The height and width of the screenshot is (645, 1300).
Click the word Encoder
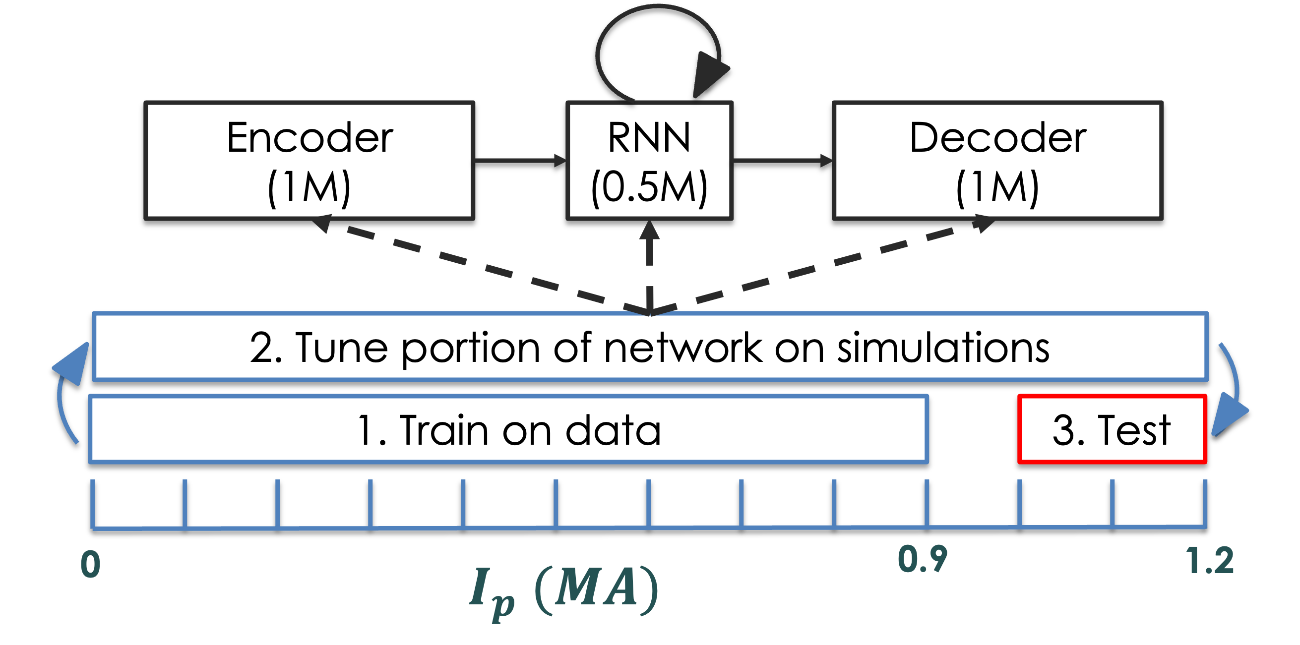pos(310,138)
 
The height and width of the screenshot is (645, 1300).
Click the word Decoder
pos(998,138)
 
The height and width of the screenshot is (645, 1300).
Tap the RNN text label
pos(649,138)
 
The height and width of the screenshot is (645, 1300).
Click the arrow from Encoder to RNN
pos(520,160)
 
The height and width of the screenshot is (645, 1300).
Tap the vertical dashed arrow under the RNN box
pos(649,262)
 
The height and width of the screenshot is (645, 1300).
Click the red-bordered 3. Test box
pos(1112,430)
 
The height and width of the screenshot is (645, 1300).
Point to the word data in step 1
pos(613,431)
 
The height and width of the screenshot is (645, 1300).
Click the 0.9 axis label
pos(923,560)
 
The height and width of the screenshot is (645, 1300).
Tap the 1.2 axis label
pos(1210,561)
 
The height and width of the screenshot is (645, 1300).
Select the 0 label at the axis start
pos(91,564)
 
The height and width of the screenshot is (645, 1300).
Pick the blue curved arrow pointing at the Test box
pos(1232,393)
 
